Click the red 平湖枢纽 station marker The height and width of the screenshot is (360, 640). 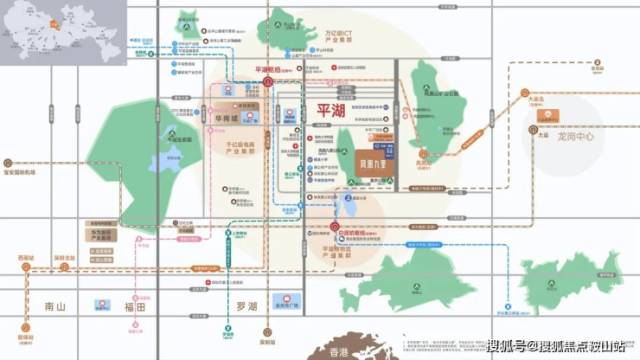[x=269, y=81]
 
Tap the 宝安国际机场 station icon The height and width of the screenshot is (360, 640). [x=8, y=163]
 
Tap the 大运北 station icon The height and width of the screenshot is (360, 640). [x=524, y=92]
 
